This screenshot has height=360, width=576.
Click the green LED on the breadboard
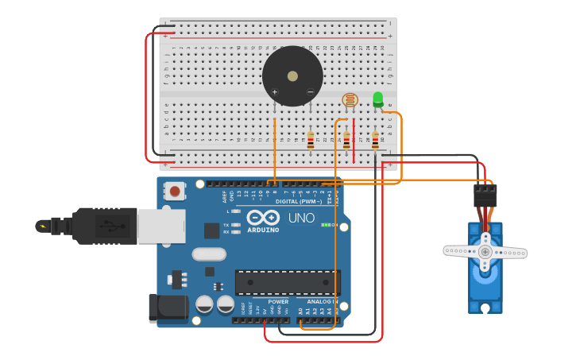(x=377, y=99)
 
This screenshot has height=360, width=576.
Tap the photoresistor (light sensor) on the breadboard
(x=350, y=100)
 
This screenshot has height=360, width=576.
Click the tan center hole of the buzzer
(x=292, y=76)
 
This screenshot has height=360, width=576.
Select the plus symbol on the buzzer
(x=275, y=92)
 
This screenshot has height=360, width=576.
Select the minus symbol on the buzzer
(x=310, y=92)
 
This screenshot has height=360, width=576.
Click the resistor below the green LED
(x=375, y=141)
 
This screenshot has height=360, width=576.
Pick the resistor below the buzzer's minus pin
(x=311, y=141)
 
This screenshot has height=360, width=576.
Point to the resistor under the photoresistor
(x=346, y=141)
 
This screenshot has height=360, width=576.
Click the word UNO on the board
(x=301, y=218)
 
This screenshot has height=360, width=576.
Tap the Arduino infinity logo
(x=262, y=218)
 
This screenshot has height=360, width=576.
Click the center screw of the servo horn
(x=485, y=252)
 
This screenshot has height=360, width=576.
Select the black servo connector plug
(x=485, y=195)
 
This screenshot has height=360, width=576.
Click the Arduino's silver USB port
(x=160, y=226)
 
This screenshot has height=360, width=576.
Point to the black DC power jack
(x=168, y=308)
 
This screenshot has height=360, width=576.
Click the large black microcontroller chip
(x=287, y=282)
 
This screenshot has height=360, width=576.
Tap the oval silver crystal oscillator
(x=209, y=254)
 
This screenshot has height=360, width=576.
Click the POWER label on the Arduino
(x=278, y=302)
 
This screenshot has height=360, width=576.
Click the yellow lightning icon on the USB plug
(x=43, y=226)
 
